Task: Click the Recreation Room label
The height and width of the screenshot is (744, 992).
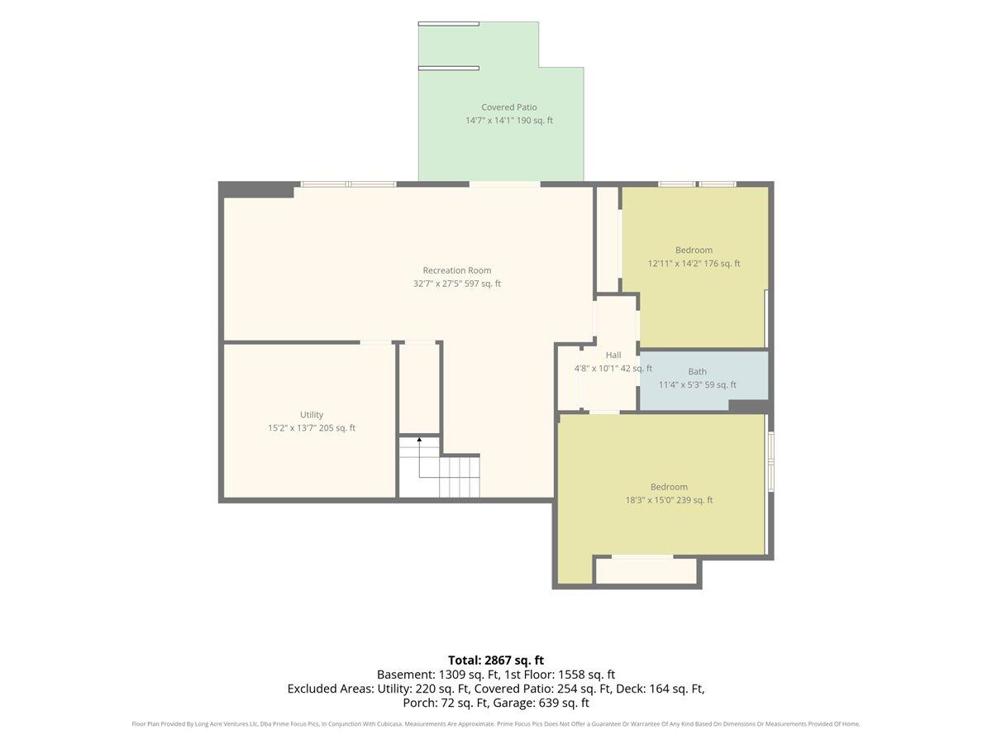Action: click(456, 270)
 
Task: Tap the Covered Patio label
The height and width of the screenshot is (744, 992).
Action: click(509, 107)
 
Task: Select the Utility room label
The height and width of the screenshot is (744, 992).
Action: click(312, 415)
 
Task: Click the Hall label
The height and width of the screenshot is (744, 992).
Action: click(613, 355)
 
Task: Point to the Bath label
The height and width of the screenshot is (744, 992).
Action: click(697, 371)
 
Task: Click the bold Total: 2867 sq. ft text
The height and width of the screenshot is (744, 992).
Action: click(496, 660)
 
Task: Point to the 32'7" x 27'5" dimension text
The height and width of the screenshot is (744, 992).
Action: click(438, 284)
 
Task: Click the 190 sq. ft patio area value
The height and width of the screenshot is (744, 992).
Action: click(535, 121)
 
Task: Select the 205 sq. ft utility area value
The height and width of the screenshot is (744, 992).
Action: click(337, 427)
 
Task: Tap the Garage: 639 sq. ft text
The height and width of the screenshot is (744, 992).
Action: click(541, 703)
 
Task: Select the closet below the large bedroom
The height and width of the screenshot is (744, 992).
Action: click(646, 571)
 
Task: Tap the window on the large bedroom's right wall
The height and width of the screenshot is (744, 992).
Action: click(771, 461)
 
